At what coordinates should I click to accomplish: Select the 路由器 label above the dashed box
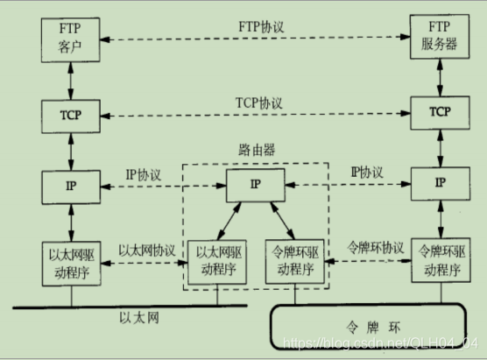pos(256,150)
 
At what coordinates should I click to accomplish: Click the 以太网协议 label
pos(146,249)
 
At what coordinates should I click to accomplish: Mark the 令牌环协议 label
pos(376,248)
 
